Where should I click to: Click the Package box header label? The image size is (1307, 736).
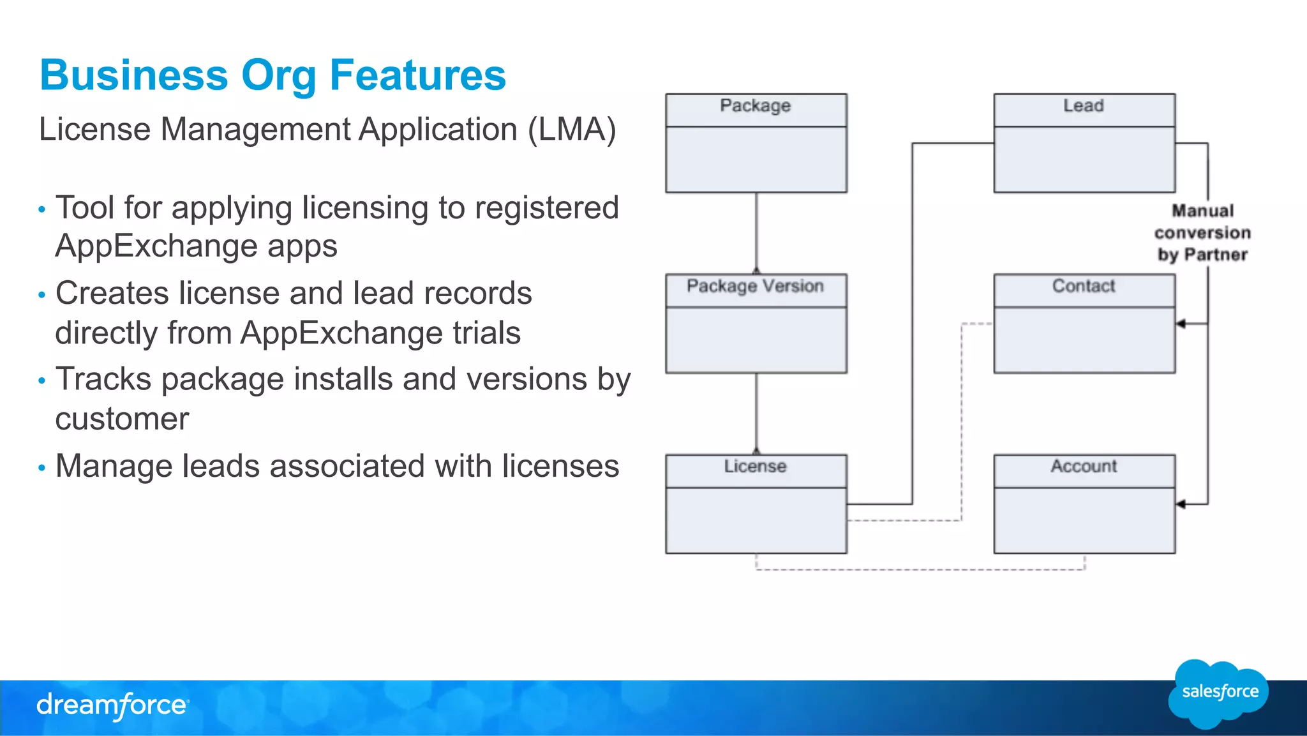[x=755, y=106]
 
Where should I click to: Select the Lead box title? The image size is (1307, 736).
[x=1083, y=106]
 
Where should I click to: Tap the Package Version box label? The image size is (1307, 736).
[x=755, y=287]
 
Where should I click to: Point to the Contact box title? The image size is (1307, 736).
[x=1083, y=287]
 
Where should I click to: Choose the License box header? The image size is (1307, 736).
[x=755, y=467]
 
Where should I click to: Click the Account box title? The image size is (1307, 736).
[x=1083, y=467]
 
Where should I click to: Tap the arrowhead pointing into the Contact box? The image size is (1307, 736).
[x=1181, y=324]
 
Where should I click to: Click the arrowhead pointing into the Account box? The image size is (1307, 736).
[x=1181, y=504]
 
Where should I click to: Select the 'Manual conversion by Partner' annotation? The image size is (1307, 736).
[x=1202, y=233]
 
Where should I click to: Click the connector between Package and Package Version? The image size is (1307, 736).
[x=756, y=233]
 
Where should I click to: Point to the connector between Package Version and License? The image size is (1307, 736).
[x=756, y=414]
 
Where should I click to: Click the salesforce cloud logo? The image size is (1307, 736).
[x=1218, y=693]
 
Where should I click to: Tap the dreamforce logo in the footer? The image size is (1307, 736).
[x=112, y=706]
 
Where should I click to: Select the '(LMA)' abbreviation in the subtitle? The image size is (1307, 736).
[x=572, y=130]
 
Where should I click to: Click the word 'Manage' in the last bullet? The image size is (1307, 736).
[x=114, y=467]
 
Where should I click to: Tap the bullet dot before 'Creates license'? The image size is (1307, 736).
[x=42, y=295]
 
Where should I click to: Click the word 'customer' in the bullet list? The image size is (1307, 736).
[x=122, y=419]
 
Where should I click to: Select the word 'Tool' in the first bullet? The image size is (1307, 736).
[x=85, y=208]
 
